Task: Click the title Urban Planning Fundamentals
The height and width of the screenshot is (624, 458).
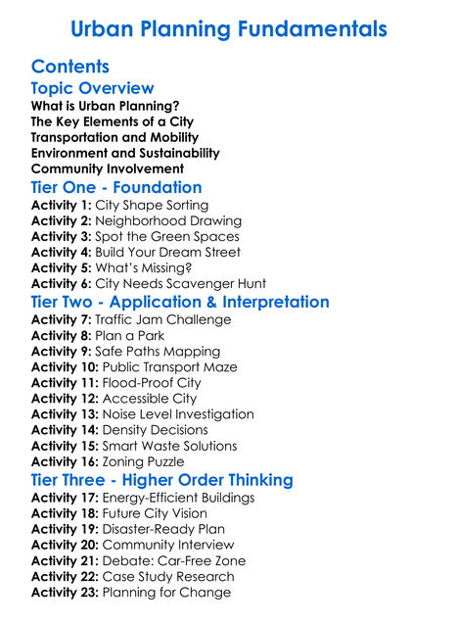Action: tap(229, 28)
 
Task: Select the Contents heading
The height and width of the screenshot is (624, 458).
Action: tap(70, 67)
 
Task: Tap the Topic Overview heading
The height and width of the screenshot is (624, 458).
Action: tap(93, 88)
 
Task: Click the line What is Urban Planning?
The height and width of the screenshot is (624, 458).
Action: tap(105, 106)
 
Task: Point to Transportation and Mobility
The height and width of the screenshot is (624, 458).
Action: tap(114, 137)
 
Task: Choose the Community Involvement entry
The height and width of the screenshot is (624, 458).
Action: tap(108, 168)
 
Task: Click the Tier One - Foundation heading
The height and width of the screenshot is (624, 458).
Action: tap(116, 187)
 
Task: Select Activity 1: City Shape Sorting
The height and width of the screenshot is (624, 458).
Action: tap(119, 206)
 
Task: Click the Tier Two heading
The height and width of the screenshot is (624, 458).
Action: tap(180, 302)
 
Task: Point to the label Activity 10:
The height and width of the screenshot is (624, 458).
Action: tap(66, 367)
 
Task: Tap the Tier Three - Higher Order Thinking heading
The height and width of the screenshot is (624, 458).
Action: tap(161, 480)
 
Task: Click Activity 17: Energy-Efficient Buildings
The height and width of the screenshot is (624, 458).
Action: tap(143, 498)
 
